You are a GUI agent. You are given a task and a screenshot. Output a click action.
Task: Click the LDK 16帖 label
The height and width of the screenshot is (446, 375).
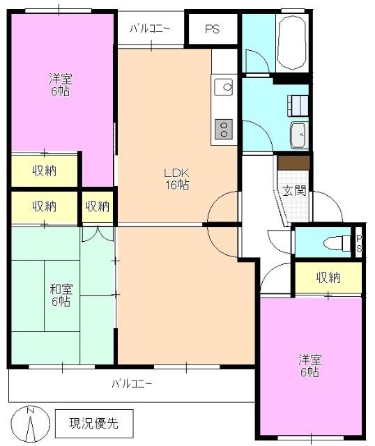[176, 179]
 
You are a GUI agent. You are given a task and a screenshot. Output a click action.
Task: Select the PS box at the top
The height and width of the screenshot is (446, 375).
[213, 29]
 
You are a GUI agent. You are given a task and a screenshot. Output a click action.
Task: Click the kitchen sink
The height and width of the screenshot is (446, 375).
[224, 88]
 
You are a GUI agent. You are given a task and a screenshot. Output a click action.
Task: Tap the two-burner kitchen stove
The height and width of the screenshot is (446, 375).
[224, 128]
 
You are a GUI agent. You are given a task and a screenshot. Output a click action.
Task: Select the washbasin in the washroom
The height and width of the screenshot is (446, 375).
[298, 134]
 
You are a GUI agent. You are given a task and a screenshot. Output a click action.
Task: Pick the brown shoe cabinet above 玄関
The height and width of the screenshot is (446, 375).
[293, 162]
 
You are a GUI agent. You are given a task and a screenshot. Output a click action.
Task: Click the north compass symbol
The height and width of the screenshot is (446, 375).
[30, 422]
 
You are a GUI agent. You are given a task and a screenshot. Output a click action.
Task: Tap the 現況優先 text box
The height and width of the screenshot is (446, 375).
[93, 422]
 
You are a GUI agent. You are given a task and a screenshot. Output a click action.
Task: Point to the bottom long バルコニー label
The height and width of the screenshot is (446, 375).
[132, 383]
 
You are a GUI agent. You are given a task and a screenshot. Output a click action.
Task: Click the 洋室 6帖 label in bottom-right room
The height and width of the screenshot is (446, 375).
[309, 366]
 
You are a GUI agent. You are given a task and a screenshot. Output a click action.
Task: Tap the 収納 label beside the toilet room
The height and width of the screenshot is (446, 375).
[328, 277]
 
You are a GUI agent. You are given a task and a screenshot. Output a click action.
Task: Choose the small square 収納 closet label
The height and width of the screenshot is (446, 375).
[98, 206]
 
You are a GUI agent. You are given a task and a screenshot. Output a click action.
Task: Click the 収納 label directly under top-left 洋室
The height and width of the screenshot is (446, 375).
[45, 171]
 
